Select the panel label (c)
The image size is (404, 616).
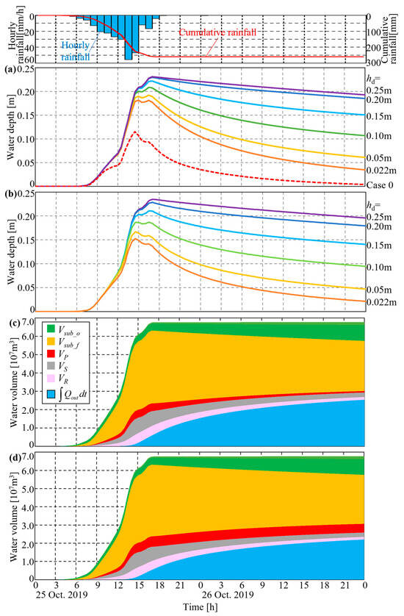10,320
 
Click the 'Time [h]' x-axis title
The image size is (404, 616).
200,608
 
